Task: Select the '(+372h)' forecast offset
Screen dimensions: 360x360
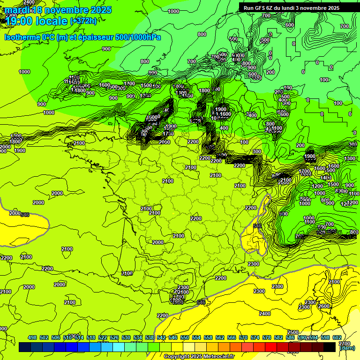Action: click(83, 21)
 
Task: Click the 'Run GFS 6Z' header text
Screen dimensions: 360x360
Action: click(261, 8)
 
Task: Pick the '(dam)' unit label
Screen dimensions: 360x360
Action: click(346, 348)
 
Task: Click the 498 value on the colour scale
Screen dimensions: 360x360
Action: click(32, 337)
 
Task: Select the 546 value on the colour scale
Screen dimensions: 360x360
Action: click(173, 337)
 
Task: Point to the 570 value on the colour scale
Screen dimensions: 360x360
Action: click(243, 337)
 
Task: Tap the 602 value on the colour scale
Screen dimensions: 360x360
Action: click(337, 337)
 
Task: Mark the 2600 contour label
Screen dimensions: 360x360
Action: click(323, 306)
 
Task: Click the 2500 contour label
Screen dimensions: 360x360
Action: click(293, 332)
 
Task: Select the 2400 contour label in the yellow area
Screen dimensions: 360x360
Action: click(265, 313)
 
